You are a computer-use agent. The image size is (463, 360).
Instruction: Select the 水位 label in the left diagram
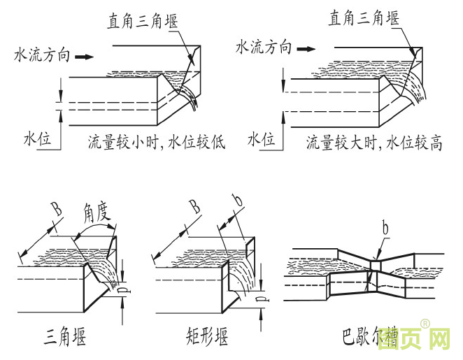(x=38, y=140)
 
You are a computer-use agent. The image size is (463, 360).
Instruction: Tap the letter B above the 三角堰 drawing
(x=55, y=209)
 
